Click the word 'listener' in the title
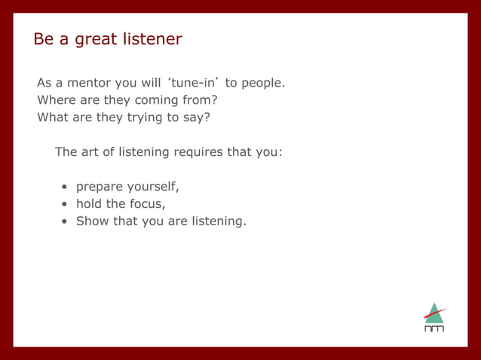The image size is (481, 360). [150, 38]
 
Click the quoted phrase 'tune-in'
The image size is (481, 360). [192, 83]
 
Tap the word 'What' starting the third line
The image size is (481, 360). [52, 117]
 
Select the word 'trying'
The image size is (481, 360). [144, 117]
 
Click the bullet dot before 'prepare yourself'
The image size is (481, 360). [66, 187]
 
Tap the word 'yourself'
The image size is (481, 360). [153, 187]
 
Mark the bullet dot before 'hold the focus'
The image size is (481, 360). [66, 204]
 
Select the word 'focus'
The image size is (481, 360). [148, 204]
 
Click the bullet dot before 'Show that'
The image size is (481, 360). [66, 221]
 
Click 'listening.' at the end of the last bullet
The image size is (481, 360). [219, 221]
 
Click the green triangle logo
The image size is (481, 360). [434, 314]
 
